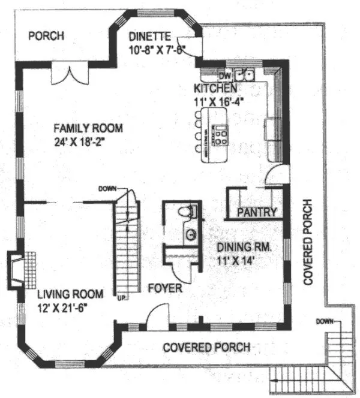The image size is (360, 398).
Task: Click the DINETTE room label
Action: tap(150, 37)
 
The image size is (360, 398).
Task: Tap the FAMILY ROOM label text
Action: tap(88, 128)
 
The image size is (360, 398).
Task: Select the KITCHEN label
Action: tap(211, 89)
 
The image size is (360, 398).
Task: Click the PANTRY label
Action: tap(257, 212)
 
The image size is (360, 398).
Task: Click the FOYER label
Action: tap(165, 289)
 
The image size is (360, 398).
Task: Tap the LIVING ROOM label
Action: tap(70, 294)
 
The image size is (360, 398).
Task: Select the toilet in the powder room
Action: tap(188, 212)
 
